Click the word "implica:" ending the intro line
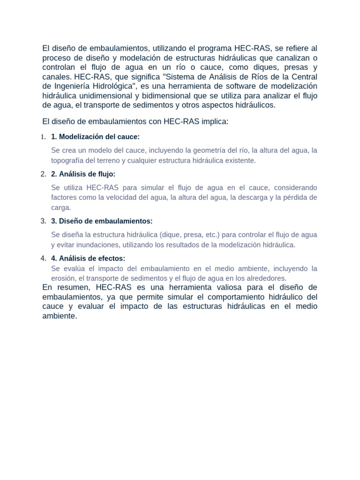[215, 121]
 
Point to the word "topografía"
[67, 160]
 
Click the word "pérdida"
[294, 197]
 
